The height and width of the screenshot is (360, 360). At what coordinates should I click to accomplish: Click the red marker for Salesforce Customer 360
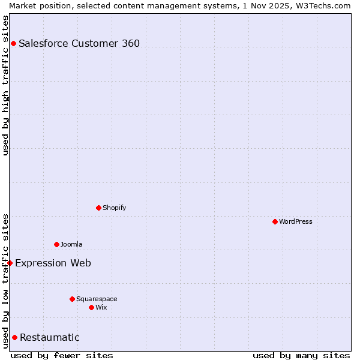coord(13,43)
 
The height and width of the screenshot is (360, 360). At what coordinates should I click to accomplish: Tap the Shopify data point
coord(98,208)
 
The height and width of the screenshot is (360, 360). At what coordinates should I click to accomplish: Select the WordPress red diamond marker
coord(275,221)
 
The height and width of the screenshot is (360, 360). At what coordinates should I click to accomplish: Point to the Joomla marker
coord(56,244)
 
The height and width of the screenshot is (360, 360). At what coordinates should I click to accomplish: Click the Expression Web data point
coord(10,263)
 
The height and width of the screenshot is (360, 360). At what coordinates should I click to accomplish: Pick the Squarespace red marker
coord(72,299)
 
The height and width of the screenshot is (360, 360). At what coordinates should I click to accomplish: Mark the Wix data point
coord(91,307)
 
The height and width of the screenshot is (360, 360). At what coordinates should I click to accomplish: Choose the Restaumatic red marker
coord(14,337)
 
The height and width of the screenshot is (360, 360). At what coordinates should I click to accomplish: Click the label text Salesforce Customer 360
coord(79,43)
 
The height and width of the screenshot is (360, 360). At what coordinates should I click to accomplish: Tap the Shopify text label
coord(114,208)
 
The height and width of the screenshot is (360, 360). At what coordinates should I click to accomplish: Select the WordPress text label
coord(296,221)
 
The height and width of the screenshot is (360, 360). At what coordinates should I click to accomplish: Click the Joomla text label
coord(71,244)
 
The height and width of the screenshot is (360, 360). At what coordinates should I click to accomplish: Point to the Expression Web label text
coord(53,263)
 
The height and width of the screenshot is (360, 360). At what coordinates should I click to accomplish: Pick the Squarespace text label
coord(97,299)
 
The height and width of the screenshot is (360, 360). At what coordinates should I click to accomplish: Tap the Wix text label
coord(101,307)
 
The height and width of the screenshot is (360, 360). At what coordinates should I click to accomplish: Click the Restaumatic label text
coord(50,337)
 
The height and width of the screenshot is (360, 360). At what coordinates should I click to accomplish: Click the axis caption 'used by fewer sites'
coord(62,355)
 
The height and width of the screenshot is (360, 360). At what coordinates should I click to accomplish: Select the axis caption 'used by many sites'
coord(301,355)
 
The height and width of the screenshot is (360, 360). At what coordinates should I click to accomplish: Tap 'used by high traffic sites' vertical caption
coord(5,85)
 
